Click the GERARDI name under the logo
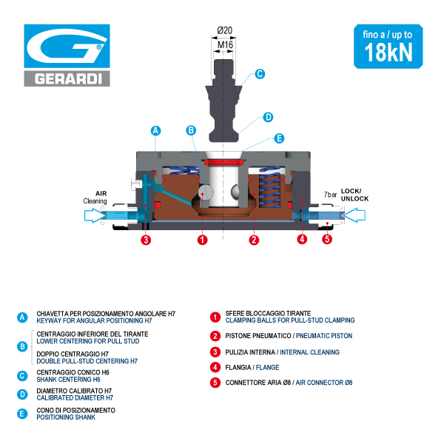pos(68,78)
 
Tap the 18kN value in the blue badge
pos(388,53)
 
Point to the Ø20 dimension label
pos(225,30)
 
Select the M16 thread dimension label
pos(225,44)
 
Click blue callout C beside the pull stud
pos(260,74)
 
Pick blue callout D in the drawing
pos(268,117)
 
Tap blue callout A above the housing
pos(155,131)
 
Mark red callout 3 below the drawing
pos(146,240)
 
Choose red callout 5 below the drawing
pos(327,239)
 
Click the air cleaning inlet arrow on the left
pos(95,216)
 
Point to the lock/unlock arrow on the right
pos(354,215)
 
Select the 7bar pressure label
pos(331,195)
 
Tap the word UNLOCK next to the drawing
pos(354,199)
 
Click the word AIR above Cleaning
pos(101,193)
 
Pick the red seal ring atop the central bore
pos(223,162)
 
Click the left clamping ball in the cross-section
pos(204,192)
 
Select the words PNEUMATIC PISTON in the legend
pos(324,336)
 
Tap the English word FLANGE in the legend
pos(268,368)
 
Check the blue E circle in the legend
pos(22,414)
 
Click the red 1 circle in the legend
pos(215,317)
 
